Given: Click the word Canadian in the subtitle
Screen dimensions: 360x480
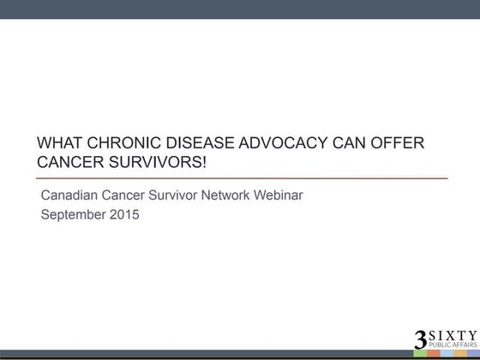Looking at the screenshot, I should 71,195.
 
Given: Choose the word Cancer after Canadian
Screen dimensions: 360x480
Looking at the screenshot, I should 128,195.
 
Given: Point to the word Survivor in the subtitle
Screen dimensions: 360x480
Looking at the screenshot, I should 181,195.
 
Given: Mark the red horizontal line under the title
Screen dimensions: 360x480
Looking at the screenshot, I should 244,177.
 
